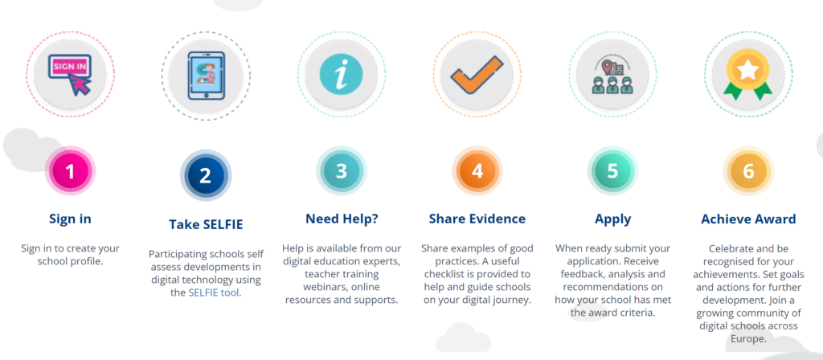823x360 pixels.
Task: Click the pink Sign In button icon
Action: (71, 74)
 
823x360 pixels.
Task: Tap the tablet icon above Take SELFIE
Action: (206, 75)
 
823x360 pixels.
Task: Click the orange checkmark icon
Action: (477, 75)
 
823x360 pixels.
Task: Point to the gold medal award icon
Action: (748, 74)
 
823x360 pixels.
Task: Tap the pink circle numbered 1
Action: (70, 170)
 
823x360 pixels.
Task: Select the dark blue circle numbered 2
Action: (205, 174)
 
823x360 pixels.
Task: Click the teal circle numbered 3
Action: (341, 170)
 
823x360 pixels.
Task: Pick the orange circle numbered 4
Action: (477, 170)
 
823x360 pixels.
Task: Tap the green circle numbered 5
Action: (612, 170)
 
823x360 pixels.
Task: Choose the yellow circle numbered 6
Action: (748, 170)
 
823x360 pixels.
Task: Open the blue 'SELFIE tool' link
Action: (214, 292)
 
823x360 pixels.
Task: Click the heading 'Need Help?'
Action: (342, 219)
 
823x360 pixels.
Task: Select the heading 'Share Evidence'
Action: (477, 219)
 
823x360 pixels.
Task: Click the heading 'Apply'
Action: (613, 219)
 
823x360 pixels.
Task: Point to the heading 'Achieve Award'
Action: (748, 219)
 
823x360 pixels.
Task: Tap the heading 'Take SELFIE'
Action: (206, 225)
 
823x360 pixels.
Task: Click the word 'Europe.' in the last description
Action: (748, 339)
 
